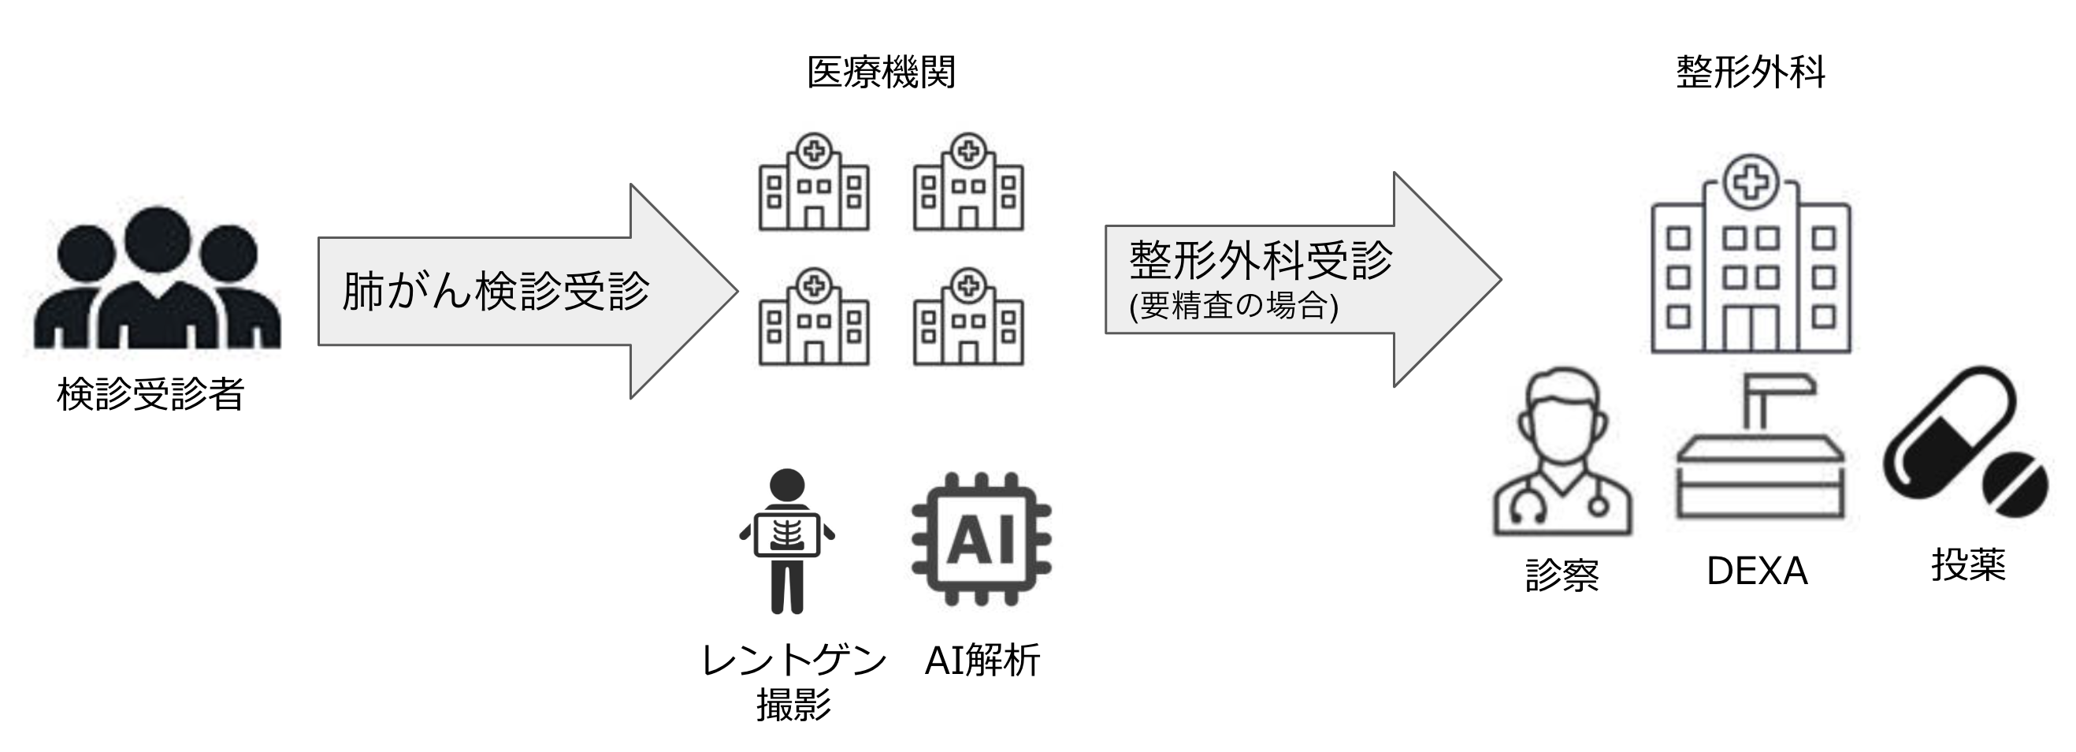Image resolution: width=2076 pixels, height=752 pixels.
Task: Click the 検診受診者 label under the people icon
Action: (150, 394)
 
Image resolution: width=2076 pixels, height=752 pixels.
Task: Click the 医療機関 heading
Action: (881, 73)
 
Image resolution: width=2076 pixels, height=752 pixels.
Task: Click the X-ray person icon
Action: (786, 540)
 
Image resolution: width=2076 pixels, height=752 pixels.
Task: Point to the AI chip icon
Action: (981, 538)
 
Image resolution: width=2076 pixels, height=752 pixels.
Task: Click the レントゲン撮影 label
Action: (794, 682)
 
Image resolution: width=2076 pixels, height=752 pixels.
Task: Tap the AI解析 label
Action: (982, 661)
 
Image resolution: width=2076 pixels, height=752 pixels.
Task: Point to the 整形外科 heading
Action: (1751, 73)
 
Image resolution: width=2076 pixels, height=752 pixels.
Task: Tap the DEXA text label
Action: (1757, 571)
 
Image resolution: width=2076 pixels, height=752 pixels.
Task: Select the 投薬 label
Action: (1968, 565)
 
